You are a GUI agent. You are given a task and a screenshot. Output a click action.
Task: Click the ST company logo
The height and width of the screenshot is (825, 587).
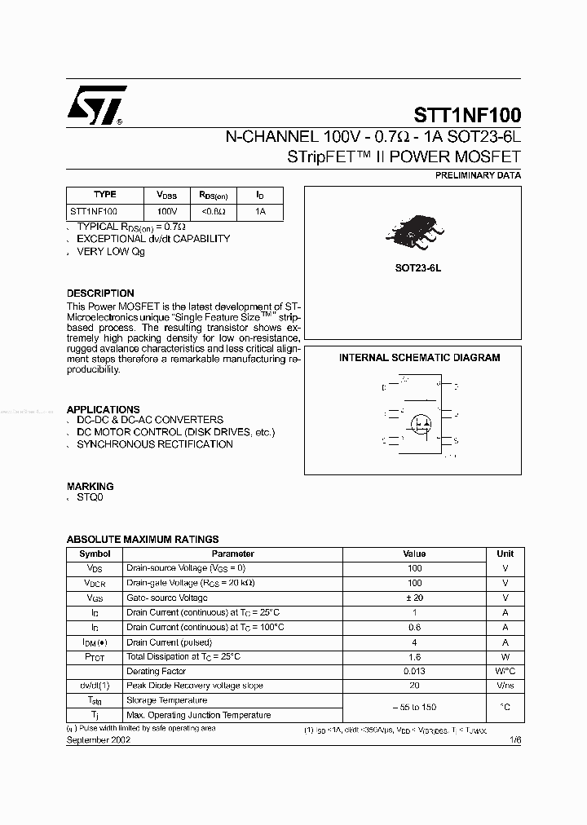pyautogui.click(x=95, y=106)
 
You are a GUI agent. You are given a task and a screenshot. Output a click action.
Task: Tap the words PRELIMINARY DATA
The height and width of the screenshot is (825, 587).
pyautogui.click(x=478, y=175)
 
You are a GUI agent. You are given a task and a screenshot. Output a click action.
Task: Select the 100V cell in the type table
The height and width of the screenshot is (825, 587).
pyautogui.click(x=166, y=211)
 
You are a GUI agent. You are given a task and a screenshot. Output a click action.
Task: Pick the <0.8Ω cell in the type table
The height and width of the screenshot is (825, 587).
pyautogui.click(x=212, y=211)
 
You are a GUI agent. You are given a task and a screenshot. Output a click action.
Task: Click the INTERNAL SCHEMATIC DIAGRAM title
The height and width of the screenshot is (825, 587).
pyautogui.click(x=419, y=358)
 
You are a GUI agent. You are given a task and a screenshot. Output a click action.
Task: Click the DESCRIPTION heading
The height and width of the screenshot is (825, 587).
pyautogui.click(x=100, y=293)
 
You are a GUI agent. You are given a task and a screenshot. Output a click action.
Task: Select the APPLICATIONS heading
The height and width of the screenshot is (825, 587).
pyautogui.click(x=103, y=409)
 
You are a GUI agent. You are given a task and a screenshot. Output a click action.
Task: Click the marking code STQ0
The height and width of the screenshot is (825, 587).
pyautogui.click(x=90, y=497)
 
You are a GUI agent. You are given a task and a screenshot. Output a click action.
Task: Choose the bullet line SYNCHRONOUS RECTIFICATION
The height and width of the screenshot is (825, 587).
pyautogui.click(x=155, y=444)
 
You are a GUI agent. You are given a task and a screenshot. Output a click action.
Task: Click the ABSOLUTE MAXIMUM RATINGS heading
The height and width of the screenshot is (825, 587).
pyautogui.click(x=142, y=539)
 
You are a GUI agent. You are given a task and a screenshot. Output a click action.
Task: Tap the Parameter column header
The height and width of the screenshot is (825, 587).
pyautogui.click(x=232, y=554)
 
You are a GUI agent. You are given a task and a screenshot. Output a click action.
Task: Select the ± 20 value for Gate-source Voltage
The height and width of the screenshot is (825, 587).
pyautogui.click(x=414, y=598)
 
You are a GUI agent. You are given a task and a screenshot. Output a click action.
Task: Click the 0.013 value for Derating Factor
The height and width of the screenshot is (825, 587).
pyautogui.click(x=414, y=671)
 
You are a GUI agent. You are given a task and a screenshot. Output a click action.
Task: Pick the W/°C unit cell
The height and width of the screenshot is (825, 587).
pyautogui.click(x=505, y=671)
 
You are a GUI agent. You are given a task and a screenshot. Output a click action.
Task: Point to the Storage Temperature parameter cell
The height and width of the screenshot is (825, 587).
pyautogui.click(x=166, y=700)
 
